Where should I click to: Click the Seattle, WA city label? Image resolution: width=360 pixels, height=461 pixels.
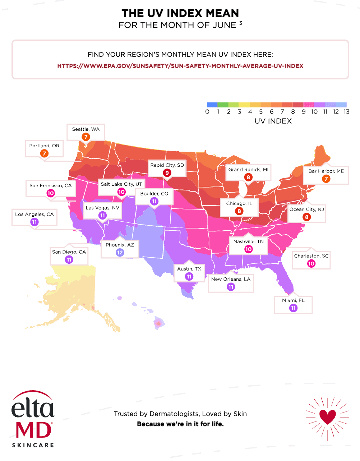(86, 129)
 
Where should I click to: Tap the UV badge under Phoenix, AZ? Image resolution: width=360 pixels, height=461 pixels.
(120, 253)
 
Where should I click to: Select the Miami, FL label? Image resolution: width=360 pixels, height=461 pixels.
(293, 300)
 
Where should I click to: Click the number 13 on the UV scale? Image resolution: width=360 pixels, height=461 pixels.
(346, 112)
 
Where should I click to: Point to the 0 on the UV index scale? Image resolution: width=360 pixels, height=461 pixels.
(207, 112)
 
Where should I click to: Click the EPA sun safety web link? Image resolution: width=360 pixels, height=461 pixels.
(180, 66)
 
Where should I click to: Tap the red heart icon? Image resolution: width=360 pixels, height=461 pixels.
(327, 417)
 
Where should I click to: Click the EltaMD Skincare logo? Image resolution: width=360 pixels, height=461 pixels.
(33, 419)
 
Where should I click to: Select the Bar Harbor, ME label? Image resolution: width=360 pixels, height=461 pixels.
(326, 171)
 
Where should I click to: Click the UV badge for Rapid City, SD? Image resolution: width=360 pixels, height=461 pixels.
(167, 173)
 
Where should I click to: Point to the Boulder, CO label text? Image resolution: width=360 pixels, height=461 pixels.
(154, 194)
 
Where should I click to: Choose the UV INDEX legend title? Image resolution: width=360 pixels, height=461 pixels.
(273, 121)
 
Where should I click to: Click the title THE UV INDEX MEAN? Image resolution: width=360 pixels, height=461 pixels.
(180, 13)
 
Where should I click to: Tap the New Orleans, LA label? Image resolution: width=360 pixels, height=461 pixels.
(231, 279)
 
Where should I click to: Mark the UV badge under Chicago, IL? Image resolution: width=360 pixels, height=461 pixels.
(239, 211)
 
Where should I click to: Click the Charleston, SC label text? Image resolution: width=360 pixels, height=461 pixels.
(311, 256)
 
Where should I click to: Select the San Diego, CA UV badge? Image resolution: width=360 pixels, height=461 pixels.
(69, 259)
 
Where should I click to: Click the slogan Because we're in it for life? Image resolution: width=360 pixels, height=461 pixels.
(180, 424)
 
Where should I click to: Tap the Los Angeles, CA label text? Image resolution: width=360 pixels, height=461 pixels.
(34, 214)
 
